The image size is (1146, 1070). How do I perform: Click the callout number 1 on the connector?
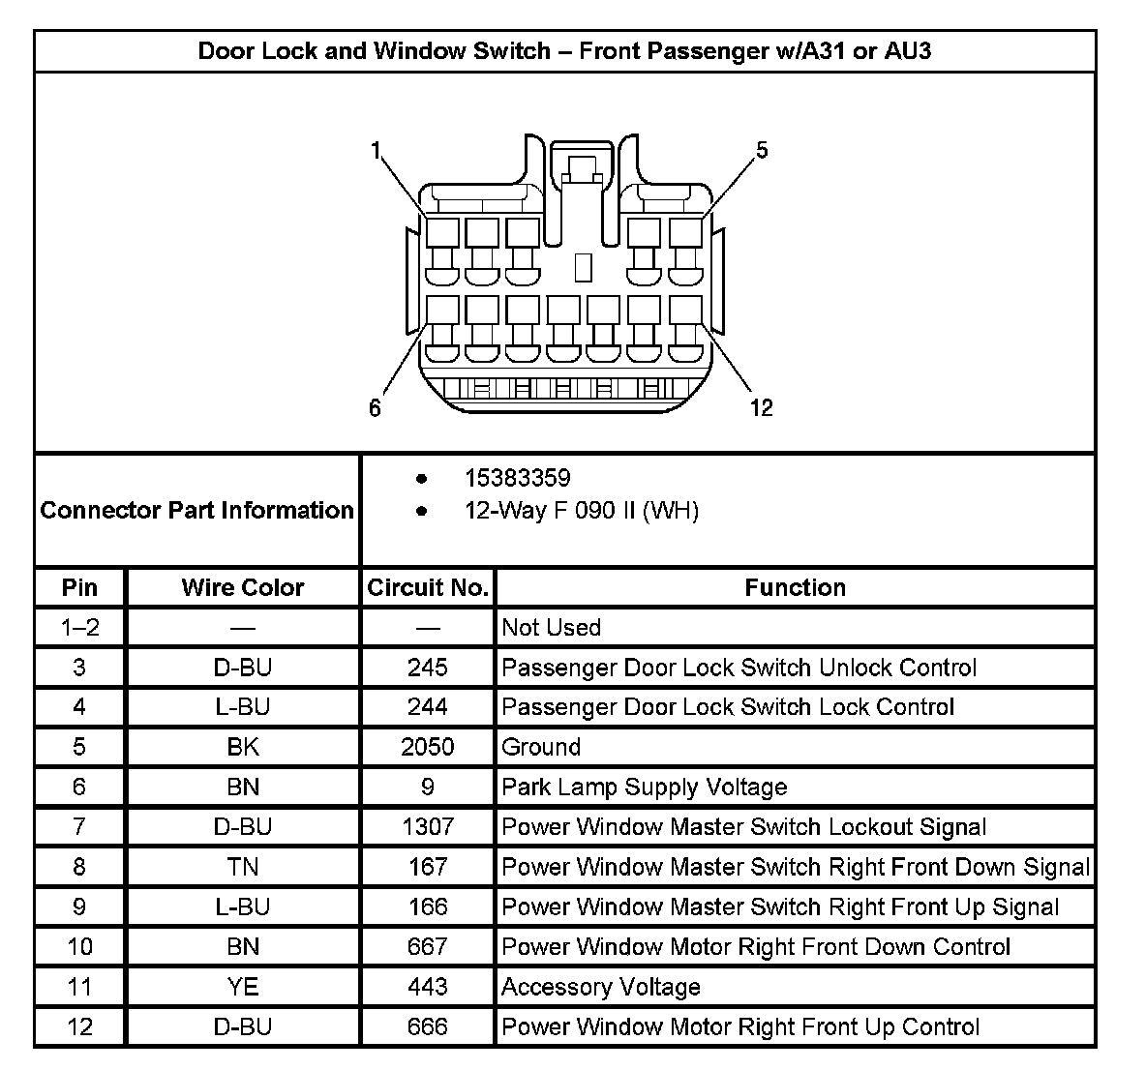point(376,150)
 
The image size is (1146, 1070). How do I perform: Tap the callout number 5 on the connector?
point(762,150)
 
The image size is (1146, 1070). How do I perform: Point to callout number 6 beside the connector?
point(375,408)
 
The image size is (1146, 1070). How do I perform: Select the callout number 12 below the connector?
point(762,408)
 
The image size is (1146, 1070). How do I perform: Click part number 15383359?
point(517,478)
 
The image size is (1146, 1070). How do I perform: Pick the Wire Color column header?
point(243,587)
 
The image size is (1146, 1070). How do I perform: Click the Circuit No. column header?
point(428,587)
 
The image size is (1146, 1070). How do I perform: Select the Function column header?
point(795,587)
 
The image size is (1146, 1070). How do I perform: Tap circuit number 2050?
point(428,747)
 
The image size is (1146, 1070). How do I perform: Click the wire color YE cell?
point(243,987)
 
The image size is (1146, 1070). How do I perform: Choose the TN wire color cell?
point(243,867)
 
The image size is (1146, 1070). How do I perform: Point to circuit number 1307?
point(428,827)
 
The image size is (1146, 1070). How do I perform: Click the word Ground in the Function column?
point(541,747)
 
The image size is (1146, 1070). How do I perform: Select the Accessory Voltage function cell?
point(601,987)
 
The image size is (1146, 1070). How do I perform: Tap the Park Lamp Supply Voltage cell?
point(645,788)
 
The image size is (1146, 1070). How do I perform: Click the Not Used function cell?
point(551,628)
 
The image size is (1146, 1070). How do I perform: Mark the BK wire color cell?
point(243,747)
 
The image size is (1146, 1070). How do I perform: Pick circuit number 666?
point(428,1026)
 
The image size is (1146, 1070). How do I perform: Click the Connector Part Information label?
point(196,510)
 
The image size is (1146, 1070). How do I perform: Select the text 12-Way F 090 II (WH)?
point(581,510)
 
